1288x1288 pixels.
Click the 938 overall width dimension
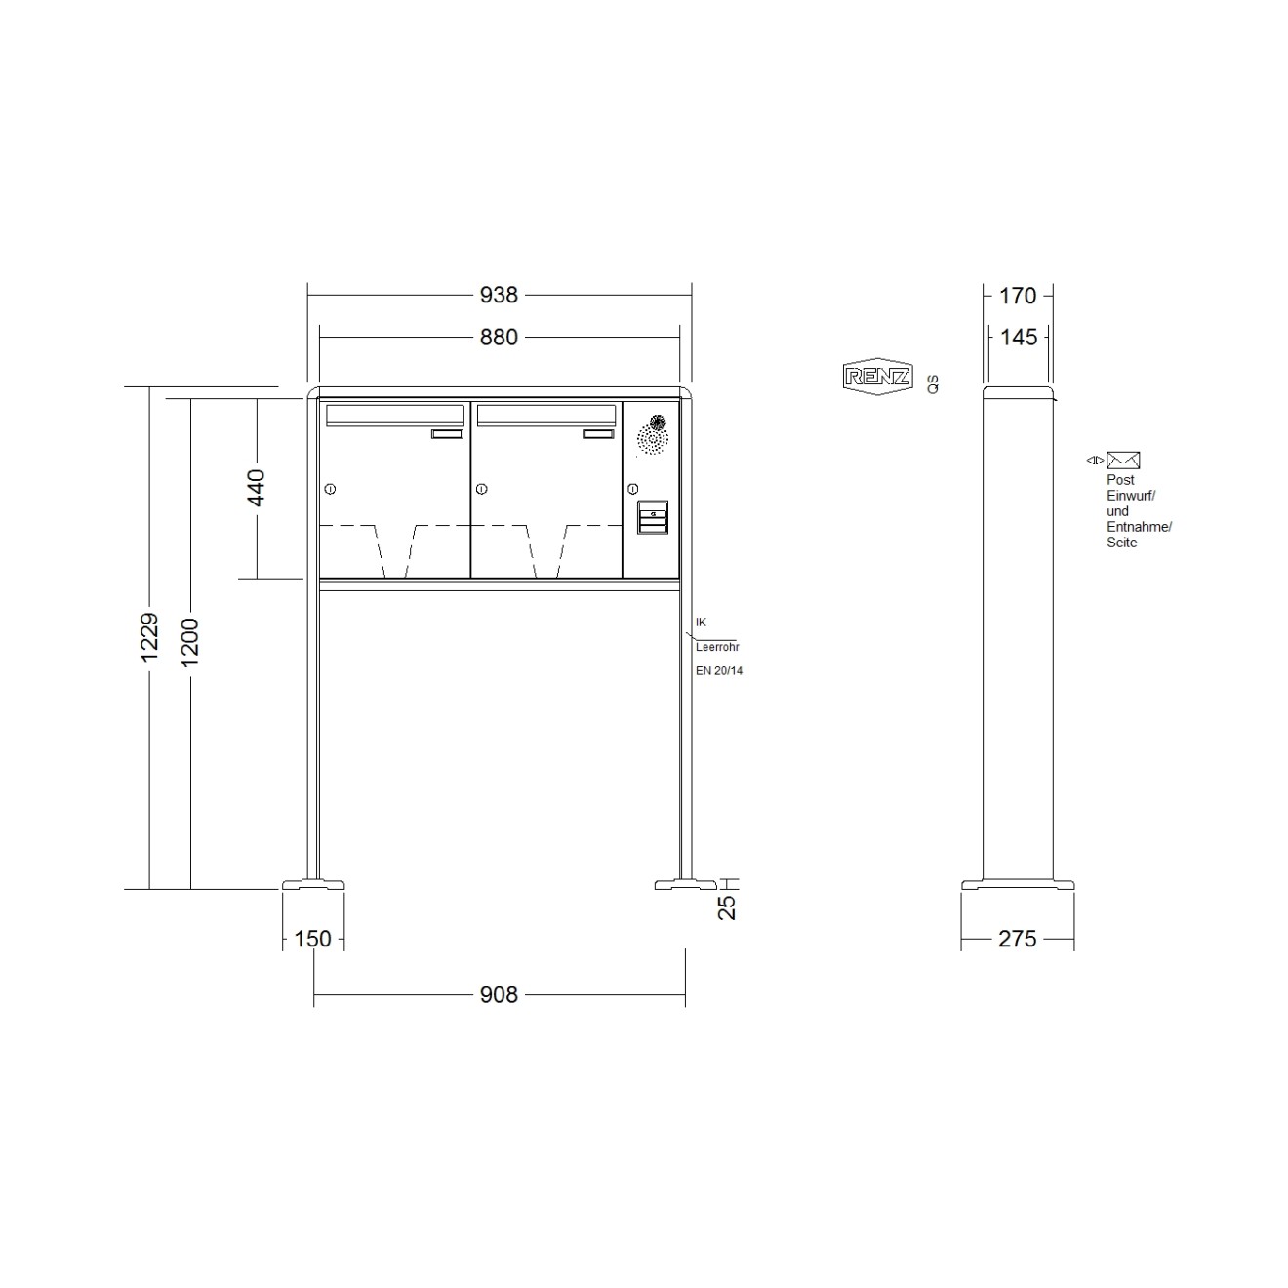tap(499, 295)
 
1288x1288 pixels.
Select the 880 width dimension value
tap(499, 338)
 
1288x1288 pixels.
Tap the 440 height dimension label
tap(257, 487)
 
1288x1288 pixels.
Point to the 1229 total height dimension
tap(149, 637)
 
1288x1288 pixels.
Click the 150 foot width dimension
tap(312, 939)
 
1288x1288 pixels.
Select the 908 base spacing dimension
tap(499, 995)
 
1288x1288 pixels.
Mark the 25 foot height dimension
tap(727, 907)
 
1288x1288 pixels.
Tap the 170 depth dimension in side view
tap(1018, 295)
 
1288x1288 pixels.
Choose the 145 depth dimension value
tap(1019, 338)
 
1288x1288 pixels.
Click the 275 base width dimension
tap(1017, 939)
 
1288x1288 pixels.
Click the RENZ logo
tap(877, 376)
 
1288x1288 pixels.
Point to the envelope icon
tap(1123, 461)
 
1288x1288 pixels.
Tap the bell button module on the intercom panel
tap(653, 517)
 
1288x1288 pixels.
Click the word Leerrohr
tap(717, 647)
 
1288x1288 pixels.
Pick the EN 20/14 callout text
tap(719, 671)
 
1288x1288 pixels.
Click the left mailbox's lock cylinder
tap(330, 489)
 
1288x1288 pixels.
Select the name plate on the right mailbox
tap(599, 434)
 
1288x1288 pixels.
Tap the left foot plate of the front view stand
tap(313, 885)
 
